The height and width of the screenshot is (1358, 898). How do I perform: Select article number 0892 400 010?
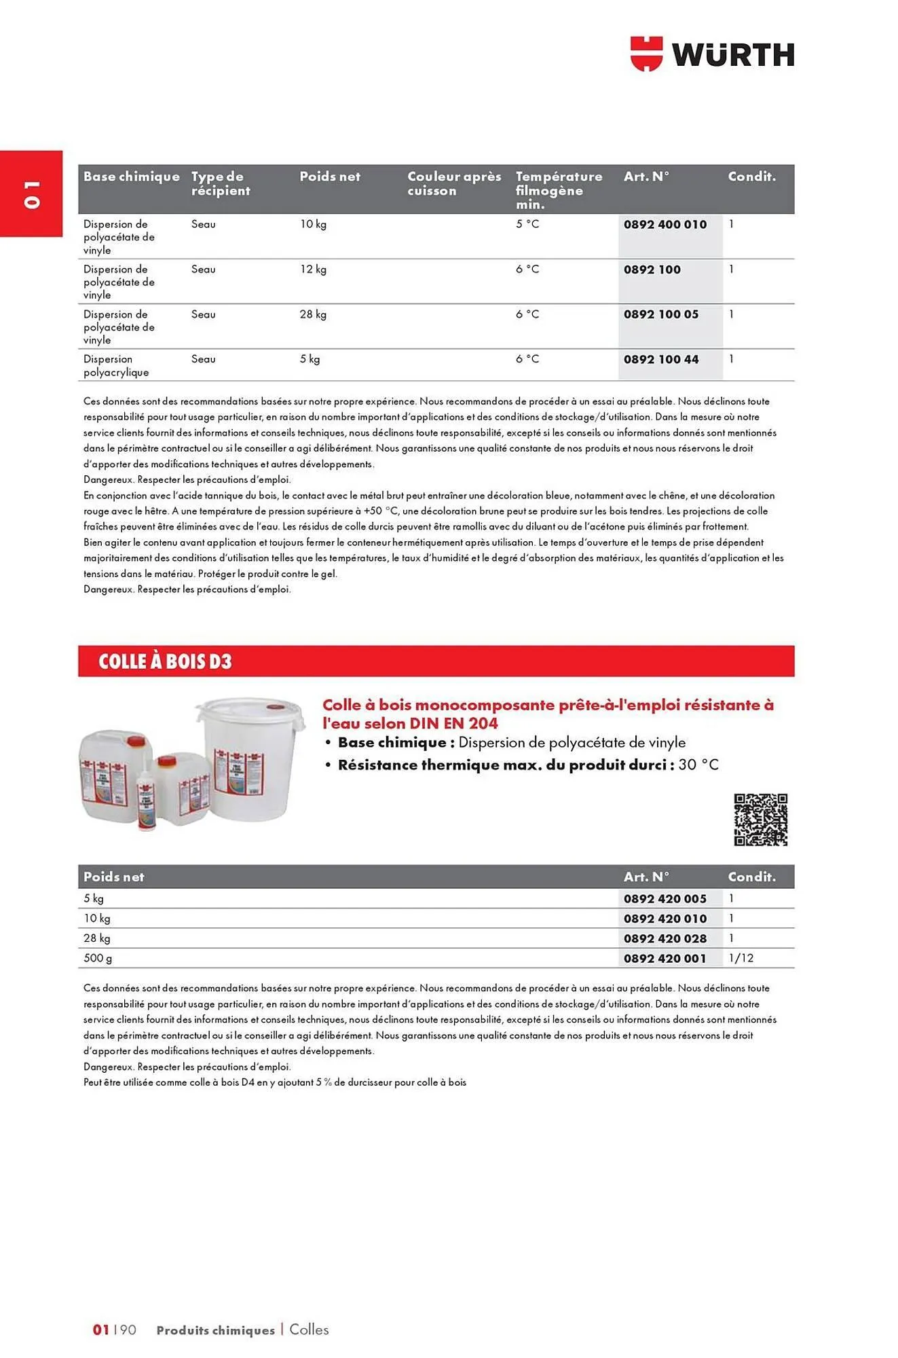click(665, 225)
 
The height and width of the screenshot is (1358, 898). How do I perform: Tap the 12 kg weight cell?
click(313, 270)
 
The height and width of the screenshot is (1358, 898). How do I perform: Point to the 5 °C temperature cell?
click(527, 224)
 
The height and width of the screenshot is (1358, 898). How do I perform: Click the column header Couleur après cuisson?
click(453, 183)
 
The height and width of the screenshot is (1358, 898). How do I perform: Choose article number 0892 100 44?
click(660, 360)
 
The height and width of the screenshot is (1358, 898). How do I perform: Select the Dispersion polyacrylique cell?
click(115, 365)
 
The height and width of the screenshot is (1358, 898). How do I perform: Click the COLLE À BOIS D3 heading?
click(165, 661)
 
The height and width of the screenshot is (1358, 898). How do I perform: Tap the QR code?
click(760, 820)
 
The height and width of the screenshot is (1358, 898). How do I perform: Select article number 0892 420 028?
click(665, 938)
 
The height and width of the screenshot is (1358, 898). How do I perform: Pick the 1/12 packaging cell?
click(741, 958)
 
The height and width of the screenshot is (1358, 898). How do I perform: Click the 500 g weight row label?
click(98, 958)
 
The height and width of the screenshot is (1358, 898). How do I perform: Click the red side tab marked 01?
click(31, 194)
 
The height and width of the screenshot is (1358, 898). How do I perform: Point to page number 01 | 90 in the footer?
click(115, 1329)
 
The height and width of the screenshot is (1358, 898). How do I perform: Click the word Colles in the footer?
click(309, 1329)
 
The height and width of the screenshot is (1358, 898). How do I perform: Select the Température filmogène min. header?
click(558, 190)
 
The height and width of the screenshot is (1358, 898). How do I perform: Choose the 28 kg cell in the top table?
click(313, 314)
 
